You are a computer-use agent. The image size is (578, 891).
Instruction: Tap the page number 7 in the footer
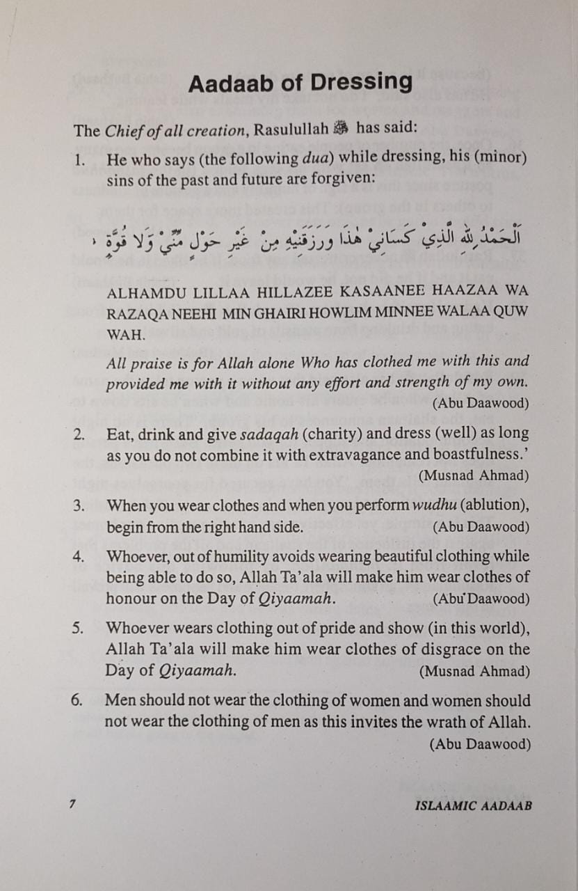[x=71, y=803]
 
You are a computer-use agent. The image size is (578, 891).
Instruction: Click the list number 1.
[x=80, y=159]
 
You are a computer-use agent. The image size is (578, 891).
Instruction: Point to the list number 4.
[x=79, y=556]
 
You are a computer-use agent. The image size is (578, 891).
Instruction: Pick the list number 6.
[x=78, y=701]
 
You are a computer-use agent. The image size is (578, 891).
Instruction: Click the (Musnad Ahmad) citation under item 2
[x=474, y=476]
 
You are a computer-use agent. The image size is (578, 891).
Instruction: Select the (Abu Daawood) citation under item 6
[x=479, y=744]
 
